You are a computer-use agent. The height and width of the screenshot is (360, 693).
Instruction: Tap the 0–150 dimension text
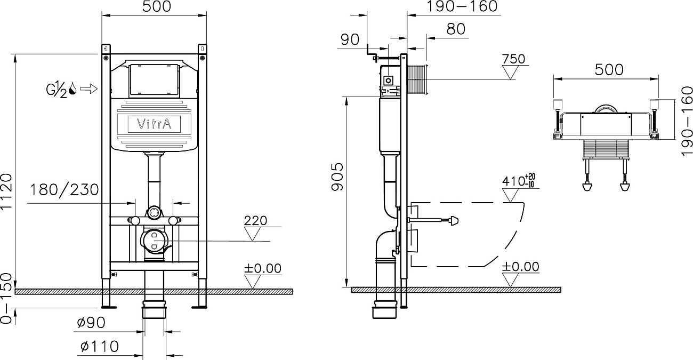coord(7,307)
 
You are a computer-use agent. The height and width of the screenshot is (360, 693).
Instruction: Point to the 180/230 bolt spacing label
coord(65,189)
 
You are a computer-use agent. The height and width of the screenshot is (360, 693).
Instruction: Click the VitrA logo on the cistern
coord(155,124)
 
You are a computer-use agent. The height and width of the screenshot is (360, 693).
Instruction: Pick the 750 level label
coord(513,59)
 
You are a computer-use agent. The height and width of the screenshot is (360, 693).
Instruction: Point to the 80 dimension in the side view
coord(456,29)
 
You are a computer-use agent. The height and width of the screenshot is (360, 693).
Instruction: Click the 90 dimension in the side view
coord(350,40)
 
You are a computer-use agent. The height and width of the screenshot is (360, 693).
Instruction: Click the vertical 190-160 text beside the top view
coord(687,121)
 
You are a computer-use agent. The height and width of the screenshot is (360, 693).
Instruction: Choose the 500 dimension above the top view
coord(608,69)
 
